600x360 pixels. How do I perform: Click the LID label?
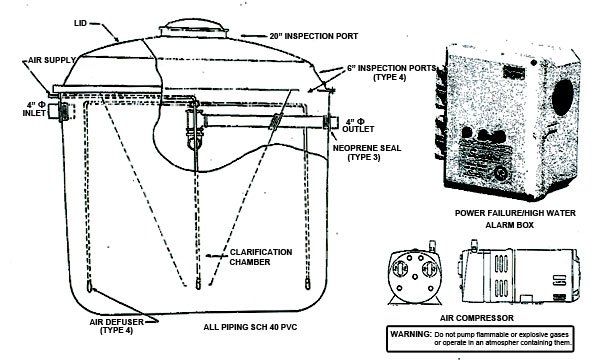pos(81,23)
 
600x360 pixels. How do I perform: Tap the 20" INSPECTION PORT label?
pos(314,36)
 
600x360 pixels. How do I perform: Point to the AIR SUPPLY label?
pos(52,60)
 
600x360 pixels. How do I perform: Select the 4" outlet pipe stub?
pos(331,122)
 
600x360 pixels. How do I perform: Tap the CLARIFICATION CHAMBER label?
pos(261,257)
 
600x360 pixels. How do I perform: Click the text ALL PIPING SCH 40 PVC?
pos(250,327)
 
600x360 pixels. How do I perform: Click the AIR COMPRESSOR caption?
pos(477,318)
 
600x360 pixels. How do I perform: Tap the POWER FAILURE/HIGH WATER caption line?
pos(515,213)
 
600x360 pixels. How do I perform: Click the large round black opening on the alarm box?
pos(563,97)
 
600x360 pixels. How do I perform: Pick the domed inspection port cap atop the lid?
pos(194,28)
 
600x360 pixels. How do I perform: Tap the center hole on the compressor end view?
pos(415,276)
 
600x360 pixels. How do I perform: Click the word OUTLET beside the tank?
pos(358,129)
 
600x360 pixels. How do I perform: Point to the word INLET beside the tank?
pos(34,113)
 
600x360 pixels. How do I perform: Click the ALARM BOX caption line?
pos(509,225)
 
